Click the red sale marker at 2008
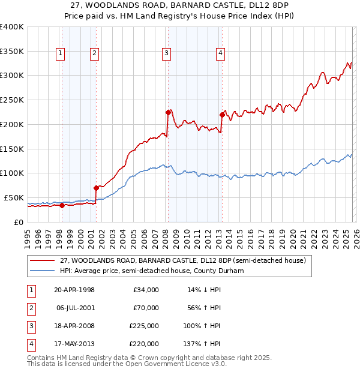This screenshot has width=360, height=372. [168, 112]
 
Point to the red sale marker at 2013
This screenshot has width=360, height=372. [222, 115]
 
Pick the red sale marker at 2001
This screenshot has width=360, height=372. [96, 188]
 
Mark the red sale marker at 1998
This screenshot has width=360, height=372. [62, 205]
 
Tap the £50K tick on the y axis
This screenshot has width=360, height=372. [14, 197]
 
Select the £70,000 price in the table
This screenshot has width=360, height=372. [146, 308]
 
